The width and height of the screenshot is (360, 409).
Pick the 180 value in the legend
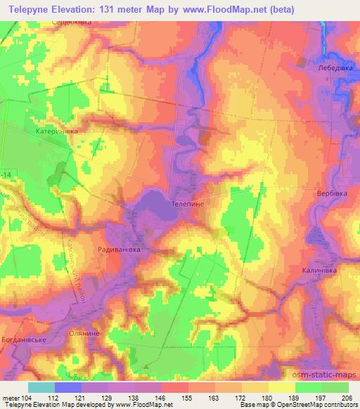258,396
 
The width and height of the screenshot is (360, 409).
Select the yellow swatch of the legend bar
281,387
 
